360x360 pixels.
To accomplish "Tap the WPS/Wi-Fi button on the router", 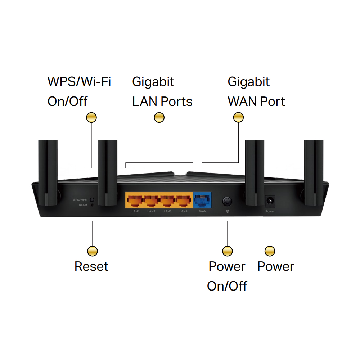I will point(92,199).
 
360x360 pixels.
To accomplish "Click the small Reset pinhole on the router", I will point(92,205).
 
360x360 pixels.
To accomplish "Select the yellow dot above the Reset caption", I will point(93,251).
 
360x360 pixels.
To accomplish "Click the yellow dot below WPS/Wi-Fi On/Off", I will point(92,117).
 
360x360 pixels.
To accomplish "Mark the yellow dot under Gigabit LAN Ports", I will point(159,117).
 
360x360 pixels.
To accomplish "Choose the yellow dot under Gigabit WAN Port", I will point(238,117).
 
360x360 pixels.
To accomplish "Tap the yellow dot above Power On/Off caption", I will point(227,251).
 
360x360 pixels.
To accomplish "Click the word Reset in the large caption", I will point(91,266).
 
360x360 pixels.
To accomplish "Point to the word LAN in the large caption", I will point(145,102).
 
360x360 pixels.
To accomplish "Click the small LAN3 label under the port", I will point(167,211).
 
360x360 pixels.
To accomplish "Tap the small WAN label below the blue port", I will point(203,211).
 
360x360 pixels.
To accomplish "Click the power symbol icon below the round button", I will point(227,211).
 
